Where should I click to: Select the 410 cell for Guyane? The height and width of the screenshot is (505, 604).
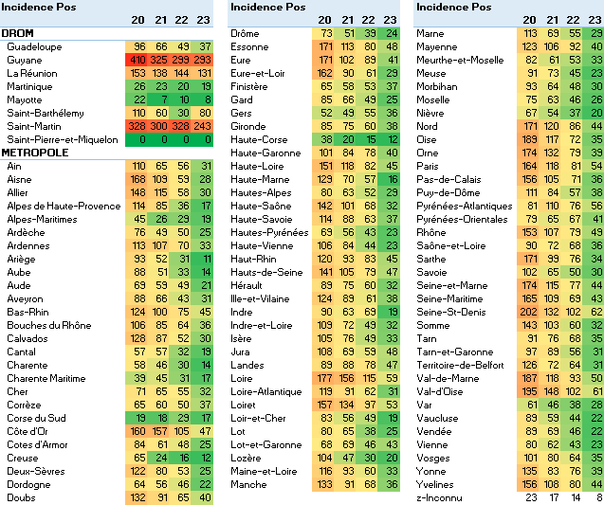click(137, 60)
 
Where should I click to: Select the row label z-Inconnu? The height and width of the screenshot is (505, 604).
click(440, 497)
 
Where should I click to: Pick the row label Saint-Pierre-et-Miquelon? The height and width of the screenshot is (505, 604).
click(62, 139)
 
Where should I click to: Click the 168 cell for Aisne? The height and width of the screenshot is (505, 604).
click(137, 179)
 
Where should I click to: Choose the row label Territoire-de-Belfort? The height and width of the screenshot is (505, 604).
click(464, 365)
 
